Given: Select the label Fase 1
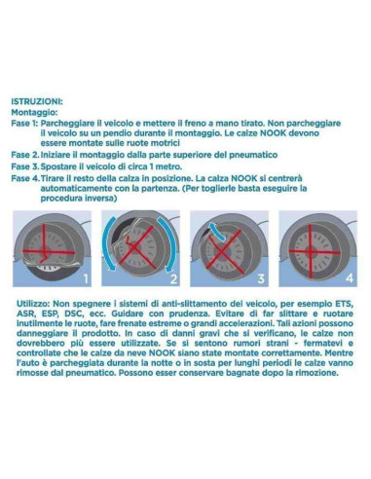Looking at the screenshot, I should pyautogui.click(x=25, y=124).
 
